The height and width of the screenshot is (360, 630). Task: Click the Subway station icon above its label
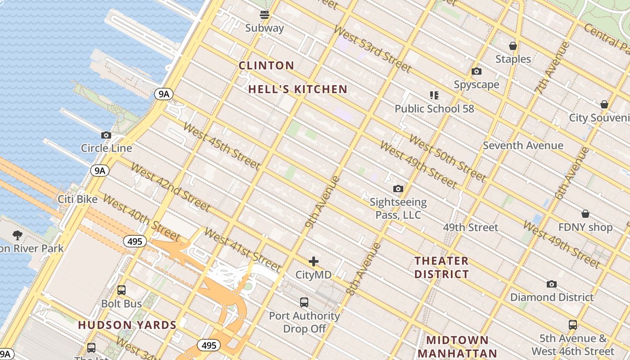pyautogui.click(x=265, y=15)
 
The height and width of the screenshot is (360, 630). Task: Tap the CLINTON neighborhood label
pyautogui.click(x=266, y=66)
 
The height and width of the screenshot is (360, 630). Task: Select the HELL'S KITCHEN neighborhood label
pyautogui.click(x=298, y=90)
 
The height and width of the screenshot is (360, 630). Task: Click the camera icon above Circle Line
pyautogui.click(x=106, y=135)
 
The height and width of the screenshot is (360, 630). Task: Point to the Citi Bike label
pyautogui.click(x=77, y=199)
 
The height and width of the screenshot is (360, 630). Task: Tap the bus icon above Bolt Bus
pyautogui.click(x=121, y=290)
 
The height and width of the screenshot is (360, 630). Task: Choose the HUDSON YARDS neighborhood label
pyautogui.click(x=127, y=325)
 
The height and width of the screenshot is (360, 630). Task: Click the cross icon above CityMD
pyautogui.click(x=314, y=261)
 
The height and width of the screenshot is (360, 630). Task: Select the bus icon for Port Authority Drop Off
pyautogui.click(x=304, y=302)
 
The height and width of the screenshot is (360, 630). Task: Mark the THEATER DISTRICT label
pyautogui.click(x=441, y=267)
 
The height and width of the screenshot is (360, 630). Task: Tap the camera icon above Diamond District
pyautogui.click(x=552, y=284)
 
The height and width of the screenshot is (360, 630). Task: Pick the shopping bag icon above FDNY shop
pyautogui.click(x=585, y=213)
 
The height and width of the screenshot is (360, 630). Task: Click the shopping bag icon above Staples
pyautogui.click(x=513, y=46)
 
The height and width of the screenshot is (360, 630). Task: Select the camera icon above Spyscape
pyautogui.click(x=477, y=72)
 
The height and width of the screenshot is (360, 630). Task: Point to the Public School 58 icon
pyautogui.click(x=434, y=95)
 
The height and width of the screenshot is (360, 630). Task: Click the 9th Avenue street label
pyautogui.click(x=322, y=202)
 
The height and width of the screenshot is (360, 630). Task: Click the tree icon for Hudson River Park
pyautogui.click(x=18, y=235)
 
